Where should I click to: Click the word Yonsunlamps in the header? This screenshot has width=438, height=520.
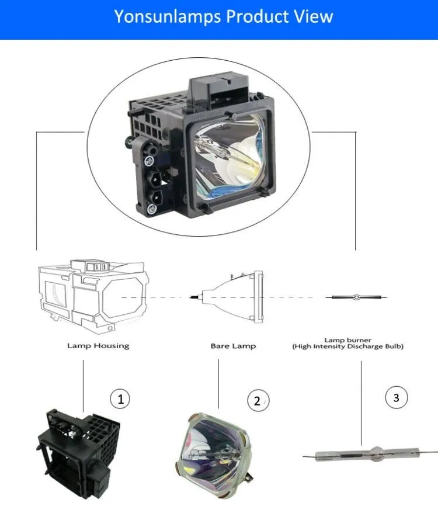point(166,16)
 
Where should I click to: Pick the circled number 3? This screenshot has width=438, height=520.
point(397,398)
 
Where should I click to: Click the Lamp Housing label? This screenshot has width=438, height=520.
point(98,346)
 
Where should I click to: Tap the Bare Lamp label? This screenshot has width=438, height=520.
point(233,346)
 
